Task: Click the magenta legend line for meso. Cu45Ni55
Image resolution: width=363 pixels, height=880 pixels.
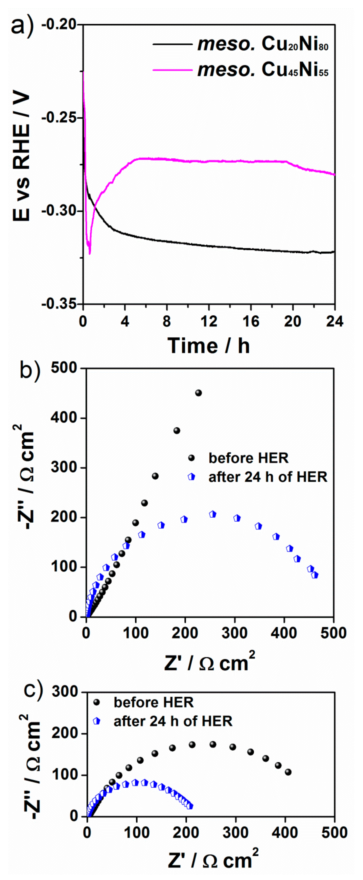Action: tap(172, 70)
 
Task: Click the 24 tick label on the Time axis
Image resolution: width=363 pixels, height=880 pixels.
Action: tap(334, 321)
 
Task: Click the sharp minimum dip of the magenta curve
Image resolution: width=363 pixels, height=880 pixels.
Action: tap(90, 253)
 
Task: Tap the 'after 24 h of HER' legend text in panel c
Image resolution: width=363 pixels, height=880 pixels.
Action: tap(173, 721)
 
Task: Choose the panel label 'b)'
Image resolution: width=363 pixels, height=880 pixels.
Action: tap(30, 370)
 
